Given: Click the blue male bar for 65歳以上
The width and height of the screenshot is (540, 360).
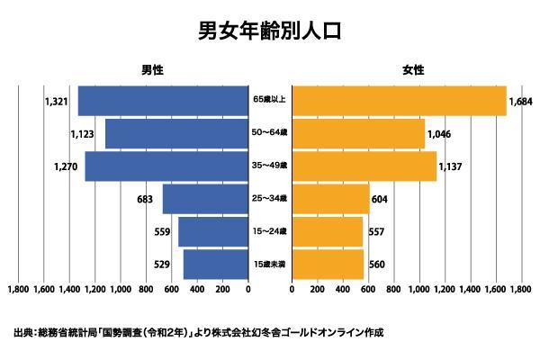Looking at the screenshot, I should pyautogui.click(x=163, y=101).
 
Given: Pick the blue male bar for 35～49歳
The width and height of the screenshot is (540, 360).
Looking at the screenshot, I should pyautogui.click(x=166, y=166).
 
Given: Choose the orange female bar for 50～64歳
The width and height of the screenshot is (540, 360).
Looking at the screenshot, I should pyautogui.click(x=358, y=133).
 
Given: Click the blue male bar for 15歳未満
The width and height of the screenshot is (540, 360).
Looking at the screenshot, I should pyautogui.click(x=215, y=265).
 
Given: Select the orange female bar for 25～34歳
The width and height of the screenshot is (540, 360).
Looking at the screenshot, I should pyautogui.click(x=330, y=199).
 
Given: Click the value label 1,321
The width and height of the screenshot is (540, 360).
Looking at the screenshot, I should pyautogui.click(x=56, y=101).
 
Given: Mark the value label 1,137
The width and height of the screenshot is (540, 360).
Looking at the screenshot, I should pyautogui.click(x=452, y=166).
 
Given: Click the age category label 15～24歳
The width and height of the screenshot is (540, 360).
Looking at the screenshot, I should pyautogui.click(x=270, y=231).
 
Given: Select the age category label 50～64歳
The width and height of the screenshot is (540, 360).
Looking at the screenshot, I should pyautogui.click(x=270, y=133).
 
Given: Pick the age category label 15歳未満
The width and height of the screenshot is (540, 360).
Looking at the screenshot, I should pyautogui.click(x=270, y=265).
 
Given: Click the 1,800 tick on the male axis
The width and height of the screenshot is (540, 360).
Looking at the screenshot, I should pyautogui.click(x=18, y=291).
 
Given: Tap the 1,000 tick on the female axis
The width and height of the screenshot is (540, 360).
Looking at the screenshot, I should pyautogui.click(x=419, y=291).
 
